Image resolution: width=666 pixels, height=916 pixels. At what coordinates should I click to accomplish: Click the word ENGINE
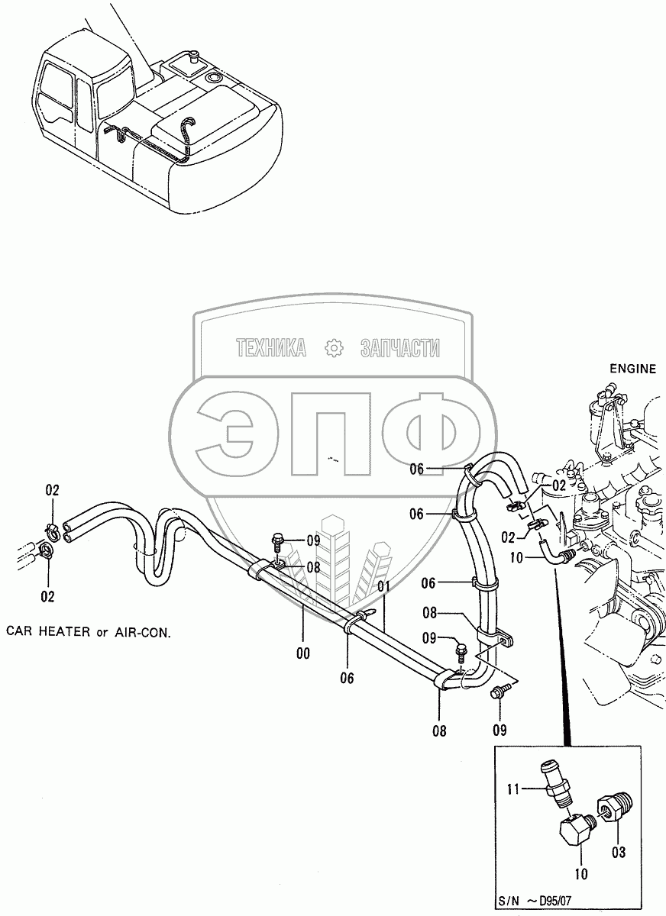(x=632, y=369)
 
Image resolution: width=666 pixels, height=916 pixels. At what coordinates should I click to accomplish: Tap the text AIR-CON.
(x=141, y=632)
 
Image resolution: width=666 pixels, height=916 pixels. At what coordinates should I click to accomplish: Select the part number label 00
(x=303, y=653)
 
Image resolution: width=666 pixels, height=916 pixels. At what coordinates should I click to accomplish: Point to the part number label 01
(x=383, y=586)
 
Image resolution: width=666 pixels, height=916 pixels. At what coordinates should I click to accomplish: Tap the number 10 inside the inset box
(x=580, y=873)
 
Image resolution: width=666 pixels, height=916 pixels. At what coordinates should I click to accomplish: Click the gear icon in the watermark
(x=334, y=348)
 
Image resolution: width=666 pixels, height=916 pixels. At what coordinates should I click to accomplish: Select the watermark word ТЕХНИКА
(x=271, y=349)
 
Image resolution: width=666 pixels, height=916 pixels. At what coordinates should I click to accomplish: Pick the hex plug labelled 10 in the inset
(x=574, y=834)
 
